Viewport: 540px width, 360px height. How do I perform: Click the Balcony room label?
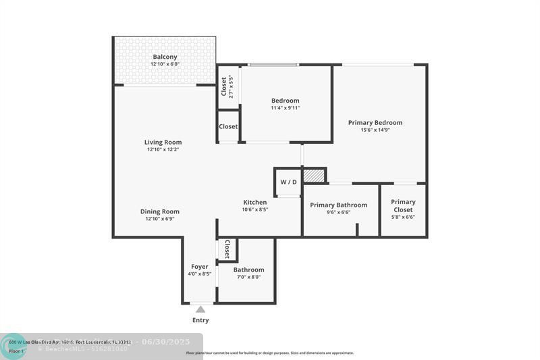pos(165,57)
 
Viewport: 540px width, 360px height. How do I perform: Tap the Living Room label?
pos(163,142)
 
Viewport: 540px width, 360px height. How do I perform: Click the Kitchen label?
pos(255,202)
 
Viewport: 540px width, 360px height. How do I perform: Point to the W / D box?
pos(288,182)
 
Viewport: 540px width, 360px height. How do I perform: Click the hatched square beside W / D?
pos(313,176)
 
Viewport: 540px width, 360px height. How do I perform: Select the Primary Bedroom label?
pos(375,122)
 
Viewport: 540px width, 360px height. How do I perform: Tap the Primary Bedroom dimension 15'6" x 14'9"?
pos(375,130)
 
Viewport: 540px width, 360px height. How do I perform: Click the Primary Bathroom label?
pos(338,205)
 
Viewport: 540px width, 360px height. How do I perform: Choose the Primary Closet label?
pos(403,205)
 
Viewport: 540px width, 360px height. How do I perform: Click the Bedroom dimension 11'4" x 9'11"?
pos(285,108)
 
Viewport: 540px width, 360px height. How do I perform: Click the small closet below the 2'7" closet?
pos(228,126)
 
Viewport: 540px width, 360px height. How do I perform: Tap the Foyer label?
pos(199,266)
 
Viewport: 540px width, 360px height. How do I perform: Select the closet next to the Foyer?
pos(227,249)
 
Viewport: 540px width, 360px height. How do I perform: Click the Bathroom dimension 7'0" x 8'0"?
pos(248,277)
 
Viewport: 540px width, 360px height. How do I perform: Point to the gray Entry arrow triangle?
pos(200,309)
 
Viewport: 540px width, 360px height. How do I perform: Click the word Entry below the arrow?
pos(200,320)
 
